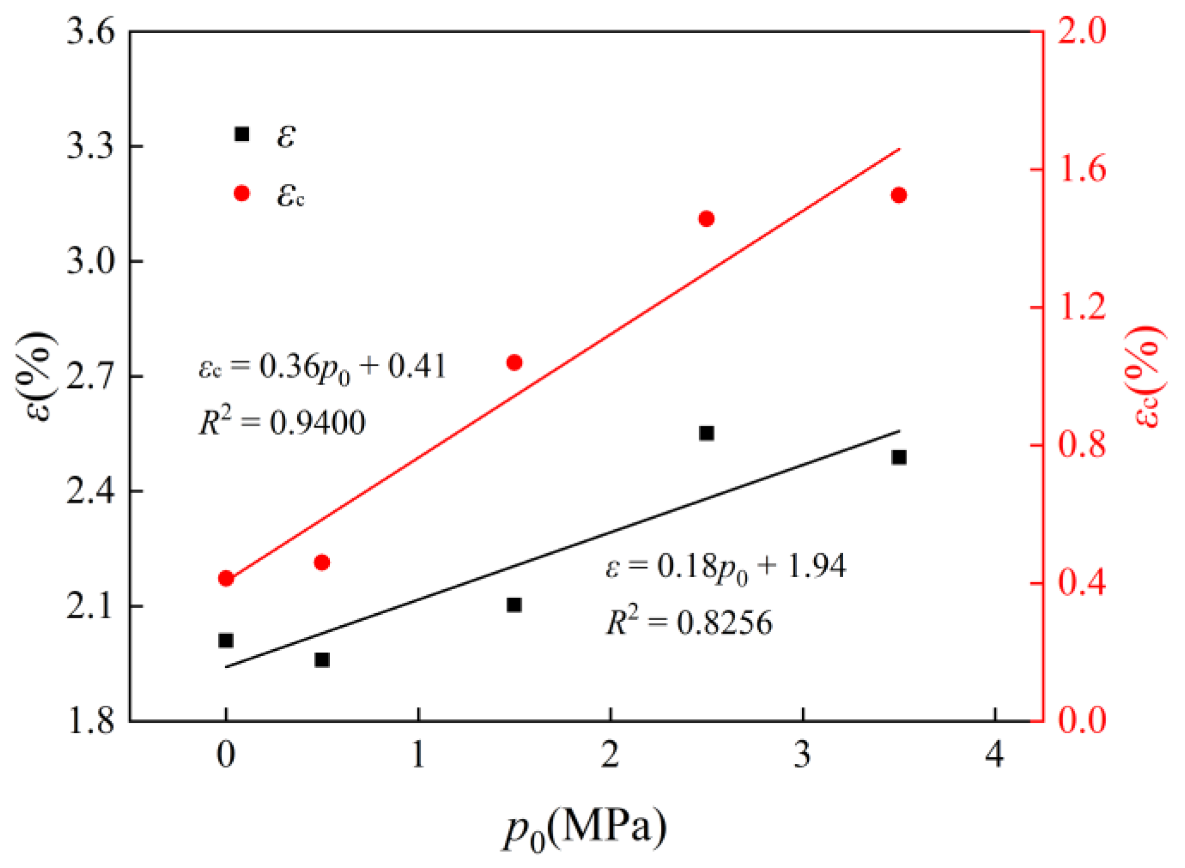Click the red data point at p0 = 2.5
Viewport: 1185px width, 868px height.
tap(706, 219)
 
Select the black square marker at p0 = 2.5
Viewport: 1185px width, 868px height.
tap(706, 433)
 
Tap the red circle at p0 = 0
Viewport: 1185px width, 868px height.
tap(226, 578)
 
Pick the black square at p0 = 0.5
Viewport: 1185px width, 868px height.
tap(322, 660)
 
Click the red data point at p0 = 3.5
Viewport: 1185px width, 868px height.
tap(899, 195)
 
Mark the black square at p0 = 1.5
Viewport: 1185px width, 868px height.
tap(514, 605)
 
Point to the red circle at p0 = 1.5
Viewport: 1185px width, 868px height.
tap(514, 362)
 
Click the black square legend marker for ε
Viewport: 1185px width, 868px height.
tap(242, 134)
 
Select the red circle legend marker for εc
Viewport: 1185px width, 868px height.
tap(242, 194)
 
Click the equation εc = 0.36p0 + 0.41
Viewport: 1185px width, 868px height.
tap(322, 367)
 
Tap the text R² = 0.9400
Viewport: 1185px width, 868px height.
tap(281, 422)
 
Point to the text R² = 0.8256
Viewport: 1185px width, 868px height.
tap(688, 622)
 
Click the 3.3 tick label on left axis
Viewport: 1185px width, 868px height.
tap(90, 146)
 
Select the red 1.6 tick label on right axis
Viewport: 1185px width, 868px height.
tap(1082, 170)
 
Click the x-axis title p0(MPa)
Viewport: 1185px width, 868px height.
tap(584, 829)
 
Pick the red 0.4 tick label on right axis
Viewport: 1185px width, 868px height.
tap(1082, 583)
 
